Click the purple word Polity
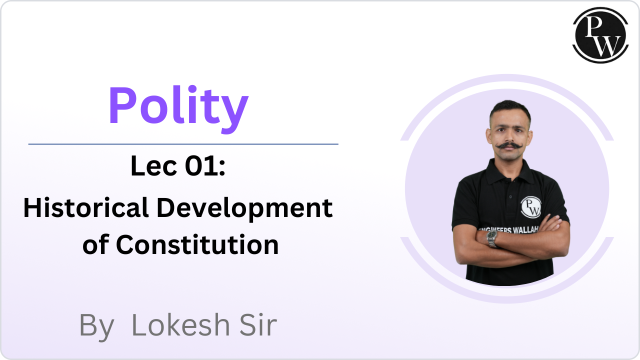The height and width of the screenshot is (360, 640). pyautogui.click(x=178, y=109)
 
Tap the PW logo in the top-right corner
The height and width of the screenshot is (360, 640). pyautogui.click(x=600, y=35)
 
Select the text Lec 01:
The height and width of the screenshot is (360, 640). pyautogui.click(x=177, y=165)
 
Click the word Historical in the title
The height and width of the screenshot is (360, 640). pyautogui.click(x=85, y=207)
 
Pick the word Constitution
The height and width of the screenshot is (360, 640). pyautogui.click(x=197, y=244)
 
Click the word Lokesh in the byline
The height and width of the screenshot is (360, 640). pyautogui.click(x=180, y=325)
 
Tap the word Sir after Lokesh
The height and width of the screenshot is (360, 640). pyautogui.click(x=258, y=325)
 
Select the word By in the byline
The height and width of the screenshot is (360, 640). pyautogui.click(x=96, y=327)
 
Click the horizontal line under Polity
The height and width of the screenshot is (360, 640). pyautogui.click(x=183, y=144)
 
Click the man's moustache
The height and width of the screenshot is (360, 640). pyautogui.click(x=509, y=145)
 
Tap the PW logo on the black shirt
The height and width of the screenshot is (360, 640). pyautogui.click(x=531, y=207)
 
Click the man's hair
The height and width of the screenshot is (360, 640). pyautogui.click(x=510, y=110)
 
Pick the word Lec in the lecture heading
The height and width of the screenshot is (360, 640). pyautogui.click(x=153, y=165)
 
